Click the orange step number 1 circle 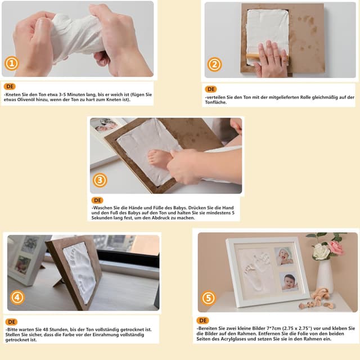(x=11, y=63)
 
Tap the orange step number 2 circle (x=214, y=65)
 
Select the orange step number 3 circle (x=100, y=180)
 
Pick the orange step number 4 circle (x=17, y=298)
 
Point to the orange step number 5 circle (x=209, y=298)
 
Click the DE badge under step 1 (x=10, y=87)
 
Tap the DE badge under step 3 (x=97, y=200)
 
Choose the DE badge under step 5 (x=202, y=320)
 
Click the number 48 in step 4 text (x=46, y=330)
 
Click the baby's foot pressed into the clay (x=159, y=157)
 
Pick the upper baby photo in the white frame (x=283, y=256)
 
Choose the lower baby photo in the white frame (x=289, y=281)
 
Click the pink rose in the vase (x=336, y=247)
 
